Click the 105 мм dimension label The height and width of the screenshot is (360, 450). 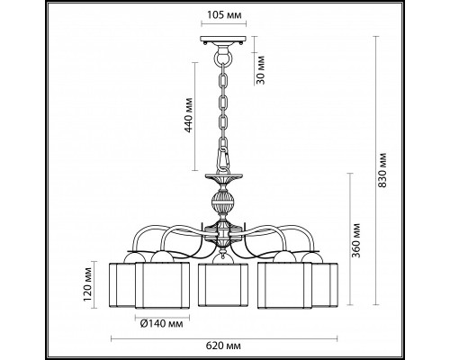(x=224, y=14)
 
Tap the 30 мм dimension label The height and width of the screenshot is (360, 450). (x=261, y=70)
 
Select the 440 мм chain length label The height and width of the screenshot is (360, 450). (x=189, y=115)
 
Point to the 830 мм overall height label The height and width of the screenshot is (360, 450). (x=382, y=170)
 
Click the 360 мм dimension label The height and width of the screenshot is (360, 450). (x=355, y=240)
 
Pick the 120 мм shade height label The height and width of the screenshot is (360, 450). (x=87, y=283)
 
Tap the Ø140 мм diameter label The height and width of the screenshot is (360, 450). (x=161, y=324)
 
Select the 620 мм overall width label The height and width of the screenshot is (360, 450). (x=223, y=346)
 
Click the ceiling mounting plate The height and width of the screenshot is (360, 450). (x=223, y=40)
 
